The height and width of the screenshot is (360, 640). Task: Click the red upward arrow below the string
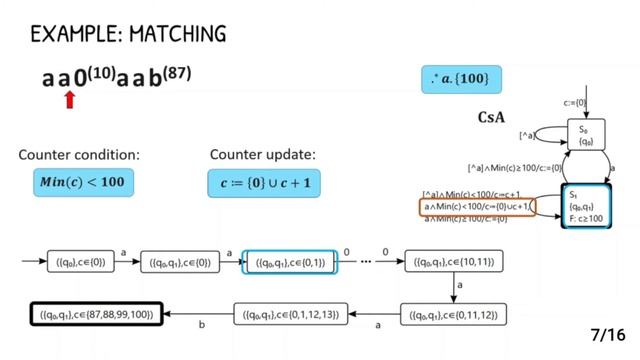[x=69, y=99]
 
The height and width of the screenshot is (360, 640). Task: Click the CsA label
[x=491, y=118]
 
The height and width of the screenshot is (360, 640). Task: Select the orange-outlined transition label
[x=477, y=207]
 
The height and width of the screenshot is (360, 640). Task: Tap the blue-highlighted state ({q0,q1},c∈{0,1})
[x=290, y=263]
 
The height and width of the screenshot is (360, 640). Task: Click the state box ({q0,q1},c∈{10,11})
[x=449, y=263]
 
